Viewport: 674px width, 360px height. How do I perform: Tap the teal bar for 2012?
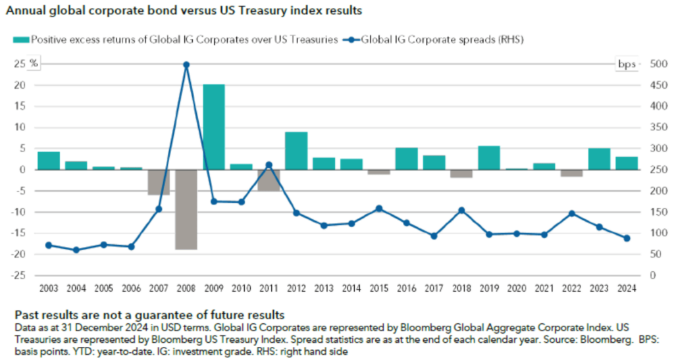pyautogui.click(x=296, y=151)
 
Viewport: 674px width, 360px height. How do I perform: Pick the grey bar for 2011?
pyautogui.click(x=269, y=180)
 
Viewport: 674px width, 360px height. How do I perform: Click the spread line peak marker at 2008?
pyautogui.click(x=186, y=64)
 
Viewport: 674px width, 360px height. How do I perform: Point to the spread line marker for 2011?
pyautogui.click(x=269, y=165)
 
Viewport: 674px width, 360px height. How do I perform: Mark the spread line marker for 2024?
pyautogui.click(x=627, y=238)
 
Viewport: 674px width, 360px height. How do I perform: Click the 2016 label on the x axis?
pyautogui.click(x=406, y=288)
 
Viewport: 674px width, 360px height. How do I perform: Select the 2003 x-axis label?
pyautogui.click(x=49, y=288)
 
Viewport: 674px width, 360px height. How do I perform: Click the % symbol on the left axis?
pyautogui.click(x=34, y=64)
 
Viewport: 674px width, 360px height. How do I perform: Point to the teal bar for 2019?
pyautogui.click(x=489, y=157)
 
